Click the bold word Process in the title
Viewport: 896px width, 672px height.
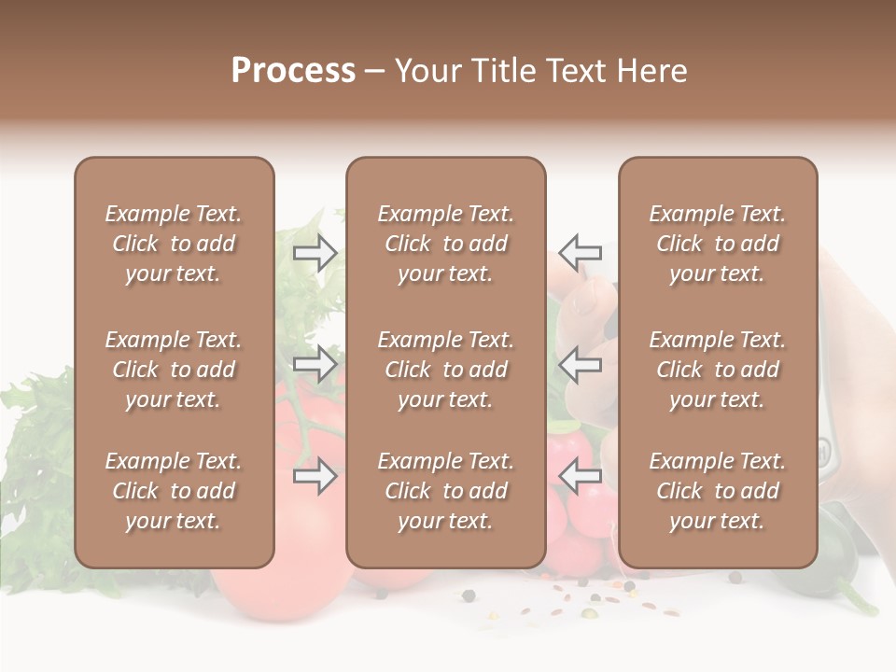point(293,71)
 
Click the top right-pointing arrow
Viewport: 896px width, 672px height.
point(315,252)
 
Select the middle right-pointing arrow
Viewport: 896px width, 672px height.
point(315,364)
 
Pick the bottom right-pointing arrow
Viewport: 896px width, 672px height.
point(315,477)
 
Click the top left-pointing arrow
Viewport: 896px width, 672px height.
point(581,252)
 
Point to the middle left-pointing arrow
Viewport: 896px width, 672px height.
point(581,364)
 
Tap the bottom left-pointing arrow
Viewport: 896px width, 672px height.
point(581,477)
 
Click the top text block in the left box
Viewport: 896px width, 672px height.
point(174,244)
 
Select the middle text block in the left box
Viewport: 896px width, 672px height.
point(174,370)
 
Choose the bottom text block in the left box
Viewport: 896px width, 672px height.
point(174,491)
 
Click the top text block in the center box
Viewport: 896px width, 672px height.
point(445,244)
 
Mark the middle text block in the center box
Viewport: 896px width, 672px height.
point(445,370)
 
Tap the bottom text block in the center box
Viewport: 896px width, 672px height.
point(445,491)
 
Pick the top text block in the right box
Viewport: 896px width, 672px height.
point(717,244)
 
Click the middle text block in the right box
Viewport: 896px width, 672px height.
point(717,370)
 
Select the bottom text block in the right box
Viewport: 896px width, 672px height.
point(717,491)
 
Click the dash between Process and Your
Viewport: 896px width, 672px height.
point(374,72)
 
